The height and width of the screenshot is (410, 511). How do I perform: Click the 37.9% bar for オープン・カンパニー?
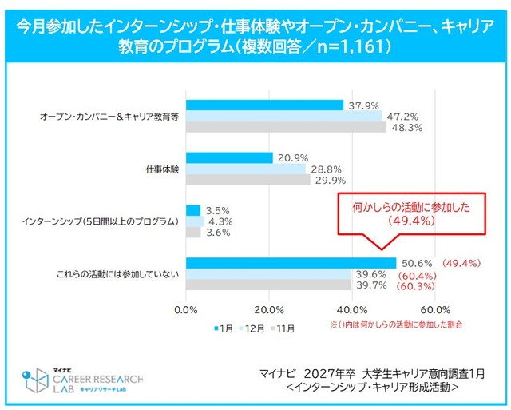(x=264, y=105)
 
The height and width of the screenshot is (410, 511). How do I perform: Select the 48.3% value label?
(x=406, y=127)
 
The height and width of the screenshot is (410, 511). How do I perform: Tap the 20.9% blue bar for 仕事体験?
(x=229, y=158)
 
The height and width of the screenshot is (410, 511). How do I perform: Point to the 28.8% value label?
(x=326, y=169)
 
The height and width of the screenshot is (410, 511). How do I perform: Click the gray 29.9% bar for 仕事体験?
(x=248, y=180)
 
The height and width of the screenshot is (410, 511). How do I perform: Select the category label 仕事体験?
(x=162, y=169)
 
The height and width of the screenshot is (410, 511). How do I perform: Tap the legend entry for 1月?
(x=223, y=327)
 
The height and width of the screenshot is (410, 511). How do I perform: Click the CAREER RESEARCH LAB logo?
(x=84, y=380)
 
